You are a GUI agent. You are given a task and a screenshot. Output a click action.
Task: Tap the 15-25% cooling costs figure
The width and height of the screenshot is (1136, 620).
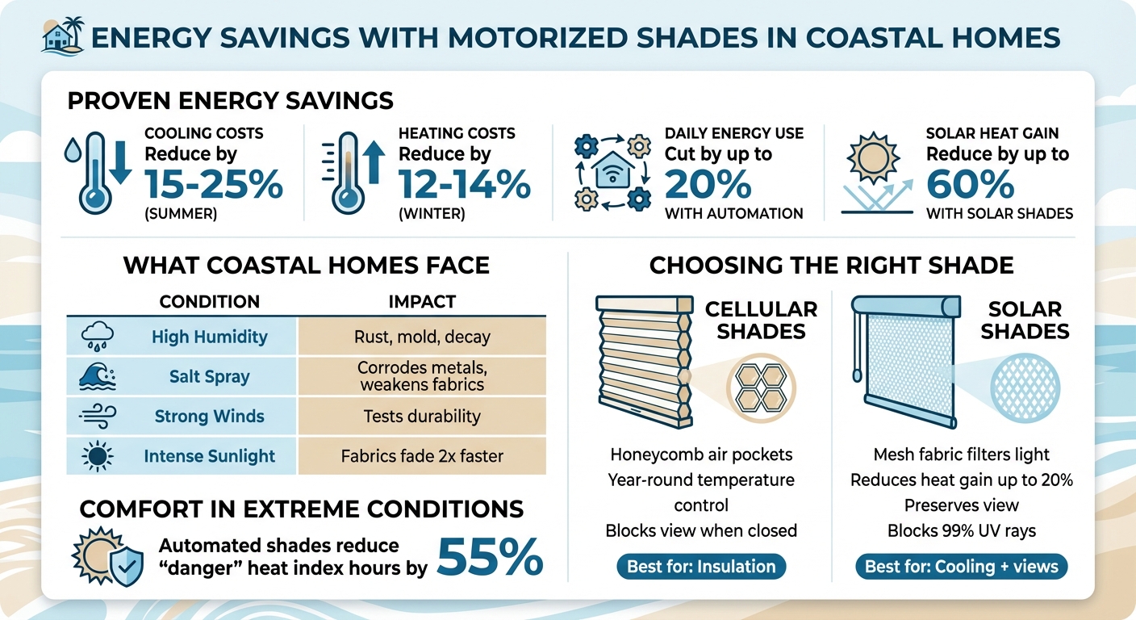coord(214,186)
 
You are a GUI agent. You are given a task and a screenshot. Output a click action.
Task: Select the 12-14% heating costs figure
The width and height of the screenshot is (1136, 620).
coord(465,186)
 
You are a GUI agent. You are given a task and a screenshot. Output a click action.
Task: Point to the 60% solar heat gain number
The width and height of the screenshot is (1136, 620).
coord(971,186)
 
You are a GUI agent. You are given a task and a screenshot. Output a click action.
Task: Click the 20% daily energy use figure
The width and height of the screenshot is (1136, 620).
coord(708,186)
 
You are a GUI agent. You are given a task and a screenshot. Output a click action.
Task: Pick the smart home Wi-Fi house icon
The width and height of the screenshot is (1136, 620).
coord(612,171)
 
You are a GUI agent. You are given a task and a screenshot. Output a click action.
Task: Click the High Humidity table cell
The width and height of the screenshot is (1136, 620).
coord(209,337)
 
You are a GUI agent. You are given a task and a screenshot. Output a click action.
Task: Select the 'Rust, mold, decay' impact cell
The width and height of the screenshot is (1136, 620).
coord(422,337)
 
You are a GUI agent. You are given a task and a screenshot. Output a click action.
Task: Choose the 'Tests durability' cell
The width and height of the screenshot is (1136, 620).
coord(422,417)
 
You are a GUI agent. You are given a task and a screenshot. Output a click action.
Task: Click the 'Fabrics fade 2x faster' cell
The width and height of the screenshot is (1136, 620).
coord(422,456)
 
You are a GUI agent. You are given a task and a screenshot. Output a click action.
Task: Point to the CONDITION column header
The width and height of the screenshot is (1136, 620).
coord(209,302)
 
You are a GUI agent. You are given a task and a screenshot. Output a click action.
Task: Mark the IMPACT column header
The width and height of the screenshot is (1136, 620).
coord(422,302)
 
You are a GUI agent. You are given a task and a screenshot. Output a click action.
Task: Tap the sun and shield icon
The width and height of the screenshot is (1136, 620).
coord(107,558)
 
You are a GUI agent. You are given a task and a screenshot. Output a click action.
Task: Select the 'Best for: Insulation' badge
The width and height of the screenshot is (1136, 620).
coord(700,567)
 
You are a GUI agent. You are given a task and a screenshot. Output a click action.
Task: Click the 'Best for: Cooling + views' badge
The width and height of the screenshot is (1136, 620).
coord(961,567)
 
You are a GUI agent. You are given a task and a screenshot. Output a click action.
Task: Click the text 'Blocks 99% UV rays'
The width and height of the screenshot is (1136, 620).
coord(961,531)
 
